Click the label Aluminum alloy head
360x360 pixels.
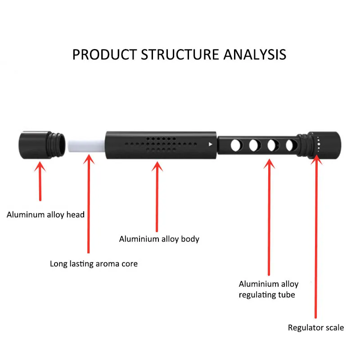click(45, 215)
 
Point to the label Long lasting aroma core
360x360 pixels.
click(94, 264)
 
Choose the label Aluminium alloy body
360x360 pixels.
click(159, 239)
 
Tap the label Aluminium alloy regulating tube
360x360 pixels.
click(269, 289)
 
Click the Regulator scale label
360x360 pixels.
click(316, 328)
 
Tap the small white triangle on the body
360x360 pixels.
click(210, 144)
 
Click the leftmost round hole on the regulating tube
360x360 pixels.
click(235, 145)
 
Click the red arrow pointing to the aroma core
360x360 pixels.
click(89, 202)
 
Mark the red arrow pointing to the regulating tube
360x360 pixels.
click(269, 216)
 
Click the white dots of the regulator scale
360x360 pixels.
click(318, 144)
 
